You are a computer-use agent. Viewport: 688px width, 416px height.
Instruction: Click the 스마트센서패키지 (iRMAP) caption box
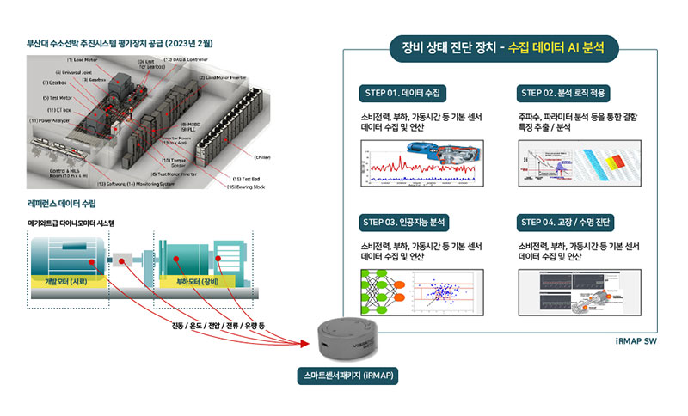coord(348,377)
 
